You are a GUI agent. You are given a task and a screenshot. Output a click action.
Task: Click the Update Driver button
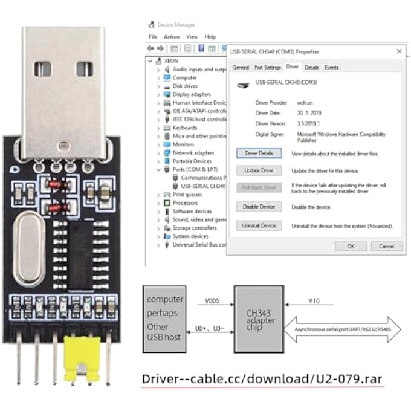tap(259, 171)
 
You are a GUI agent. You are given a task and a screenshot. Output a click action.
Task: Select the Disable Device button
tap(259, 207)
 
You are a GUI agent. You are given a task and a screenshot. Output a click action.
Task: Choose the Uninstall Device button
tap(259, 225)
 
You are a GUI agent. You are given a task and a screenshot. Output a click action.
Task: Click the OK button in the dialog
tap(350, 246)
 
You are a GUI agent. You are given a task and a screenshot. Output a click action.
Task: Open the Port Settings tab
tap(267, 68)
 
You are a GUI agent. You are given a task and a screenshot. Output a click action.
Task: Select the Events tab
tap(331, 68)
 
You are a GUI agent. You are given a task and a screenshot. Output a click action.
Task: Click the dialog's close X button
tap(398, 51)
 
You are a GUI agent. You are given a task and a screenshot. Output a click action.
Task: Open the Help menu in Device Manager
tap(210, 37)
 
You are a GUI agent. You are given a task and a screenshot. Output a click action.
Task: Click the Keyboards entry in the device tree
tap(184, 128)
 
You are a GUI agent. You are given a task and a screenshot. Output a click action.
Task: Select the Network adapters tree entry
tap(193, 153)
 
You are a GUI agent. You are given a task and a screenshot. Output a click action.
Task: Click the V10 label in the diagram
tap(314, 300)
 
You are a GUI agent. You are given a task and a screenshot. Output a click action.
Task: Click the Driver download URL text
tap(262, 379)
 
